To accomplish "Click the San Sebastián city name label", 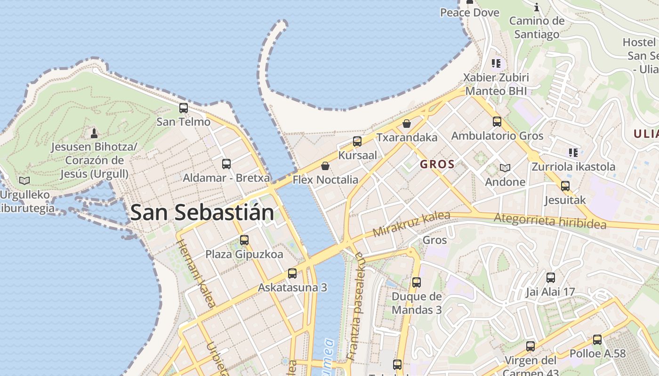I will coord(202,212).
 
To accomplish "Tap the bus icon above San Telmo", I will coord(184,108).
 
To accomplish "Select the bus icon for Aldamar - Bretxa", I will coord(226,164).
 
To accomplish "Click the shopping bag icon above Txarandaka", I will coord(407,124).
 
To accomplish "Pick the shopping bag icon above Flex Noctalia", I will coord(325,166).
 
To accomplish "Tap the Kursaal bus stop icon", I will coord(357,141).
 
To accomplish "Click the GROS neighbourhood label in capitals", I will coord(437,164).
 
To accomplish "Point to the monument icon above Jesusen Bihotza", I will coord(94,133).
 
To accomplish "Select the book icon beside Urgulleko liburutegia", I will coord(24,180).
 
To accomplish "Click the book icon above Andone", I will coord(505,168).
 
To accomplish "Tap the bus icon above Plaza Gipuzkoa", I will coord(244,240).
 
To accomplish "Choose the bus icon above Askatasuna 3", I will coord(292,274).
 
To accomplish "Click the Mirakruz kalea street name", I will coord(411,224).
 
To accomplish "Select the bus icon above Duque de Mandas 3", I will coord(417,282).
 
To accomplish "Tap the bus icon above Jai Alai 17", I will coord(551,278).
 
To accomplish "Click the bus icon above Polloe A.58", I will coord(597,339).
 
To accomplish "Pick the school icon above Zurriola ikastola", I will coord(573,152).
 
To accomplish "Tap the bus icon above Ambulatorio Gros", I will coord(497,122).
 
